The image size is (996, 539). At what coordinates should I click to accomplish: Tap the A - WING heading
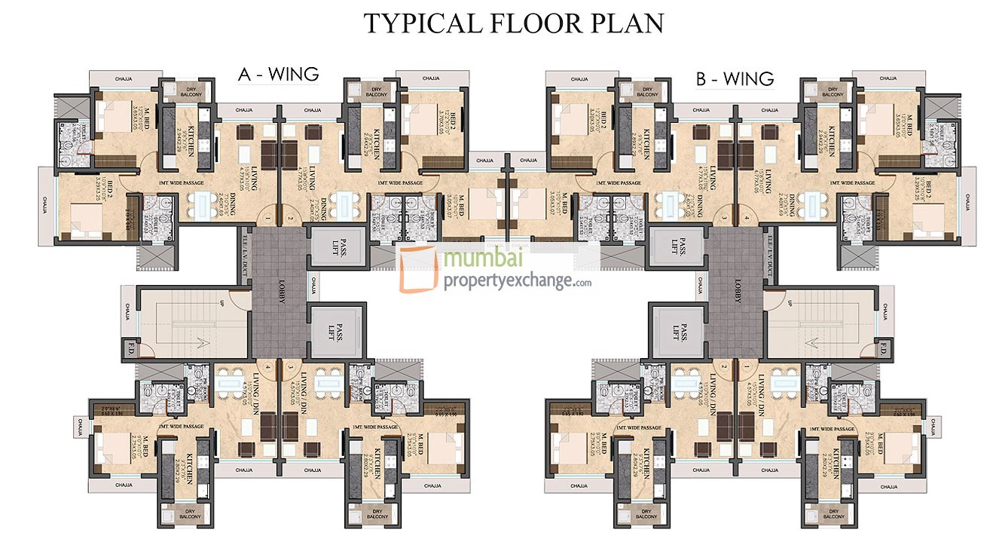click(278, 74)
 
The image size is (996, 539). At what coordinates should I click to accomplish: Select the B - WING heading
click(735, 78)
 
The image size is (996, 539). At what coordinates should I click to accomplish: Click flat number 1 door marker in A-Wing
click(267, 219)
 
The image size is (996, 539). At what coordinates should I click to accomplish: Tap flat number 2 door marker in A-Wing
click(290, 219)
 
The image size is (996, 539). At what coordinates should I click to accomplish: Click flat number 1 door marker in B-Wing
click(747, 367)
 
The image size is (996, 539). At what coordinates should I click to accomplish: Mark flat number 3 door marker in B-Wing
click(724, 219)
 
